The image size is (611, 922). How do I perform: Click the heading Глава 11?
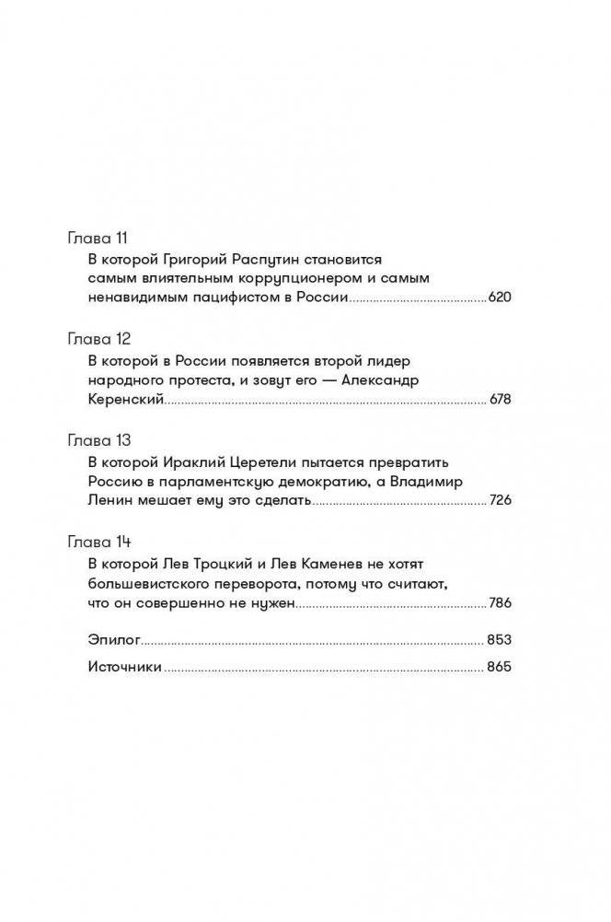coord(97,239)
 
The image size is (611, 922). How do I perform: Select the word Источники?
coord(126,669)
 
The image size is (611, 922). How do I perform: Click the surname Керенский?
coord(125,400)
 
